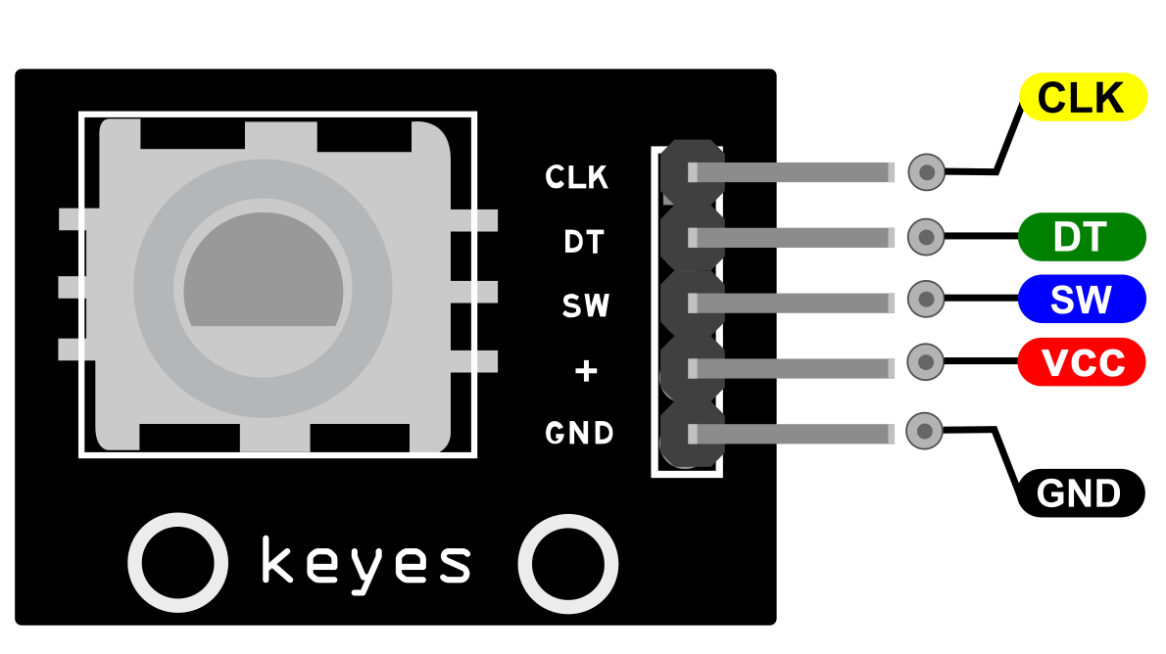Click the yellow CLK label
[x=1083, y=97]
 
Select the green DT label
[x=1082, y=237]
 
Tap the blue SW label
[x=1082, y=299]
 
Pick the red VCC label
[x=1082, y=362]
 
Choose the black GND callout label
[x=1081, y=492]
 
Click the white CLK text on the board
[x=576, y=177]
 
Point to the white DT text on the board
[x=584, y=242]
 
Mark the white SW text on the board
[x=586, y=305]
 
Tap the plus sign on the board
[x=586, y=370]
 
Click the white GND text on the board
[x=579, y=433]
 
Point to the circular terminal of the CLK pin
[x=927, y=172]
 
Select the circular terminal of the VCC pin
[x=926, y=362]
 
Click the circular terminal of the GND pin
[x=925, y=431]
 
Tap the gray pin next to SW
[x=792, y=304]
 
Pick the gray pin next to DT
[x=792, y=238]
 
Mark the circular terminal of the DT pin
[x=926, y=237]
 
